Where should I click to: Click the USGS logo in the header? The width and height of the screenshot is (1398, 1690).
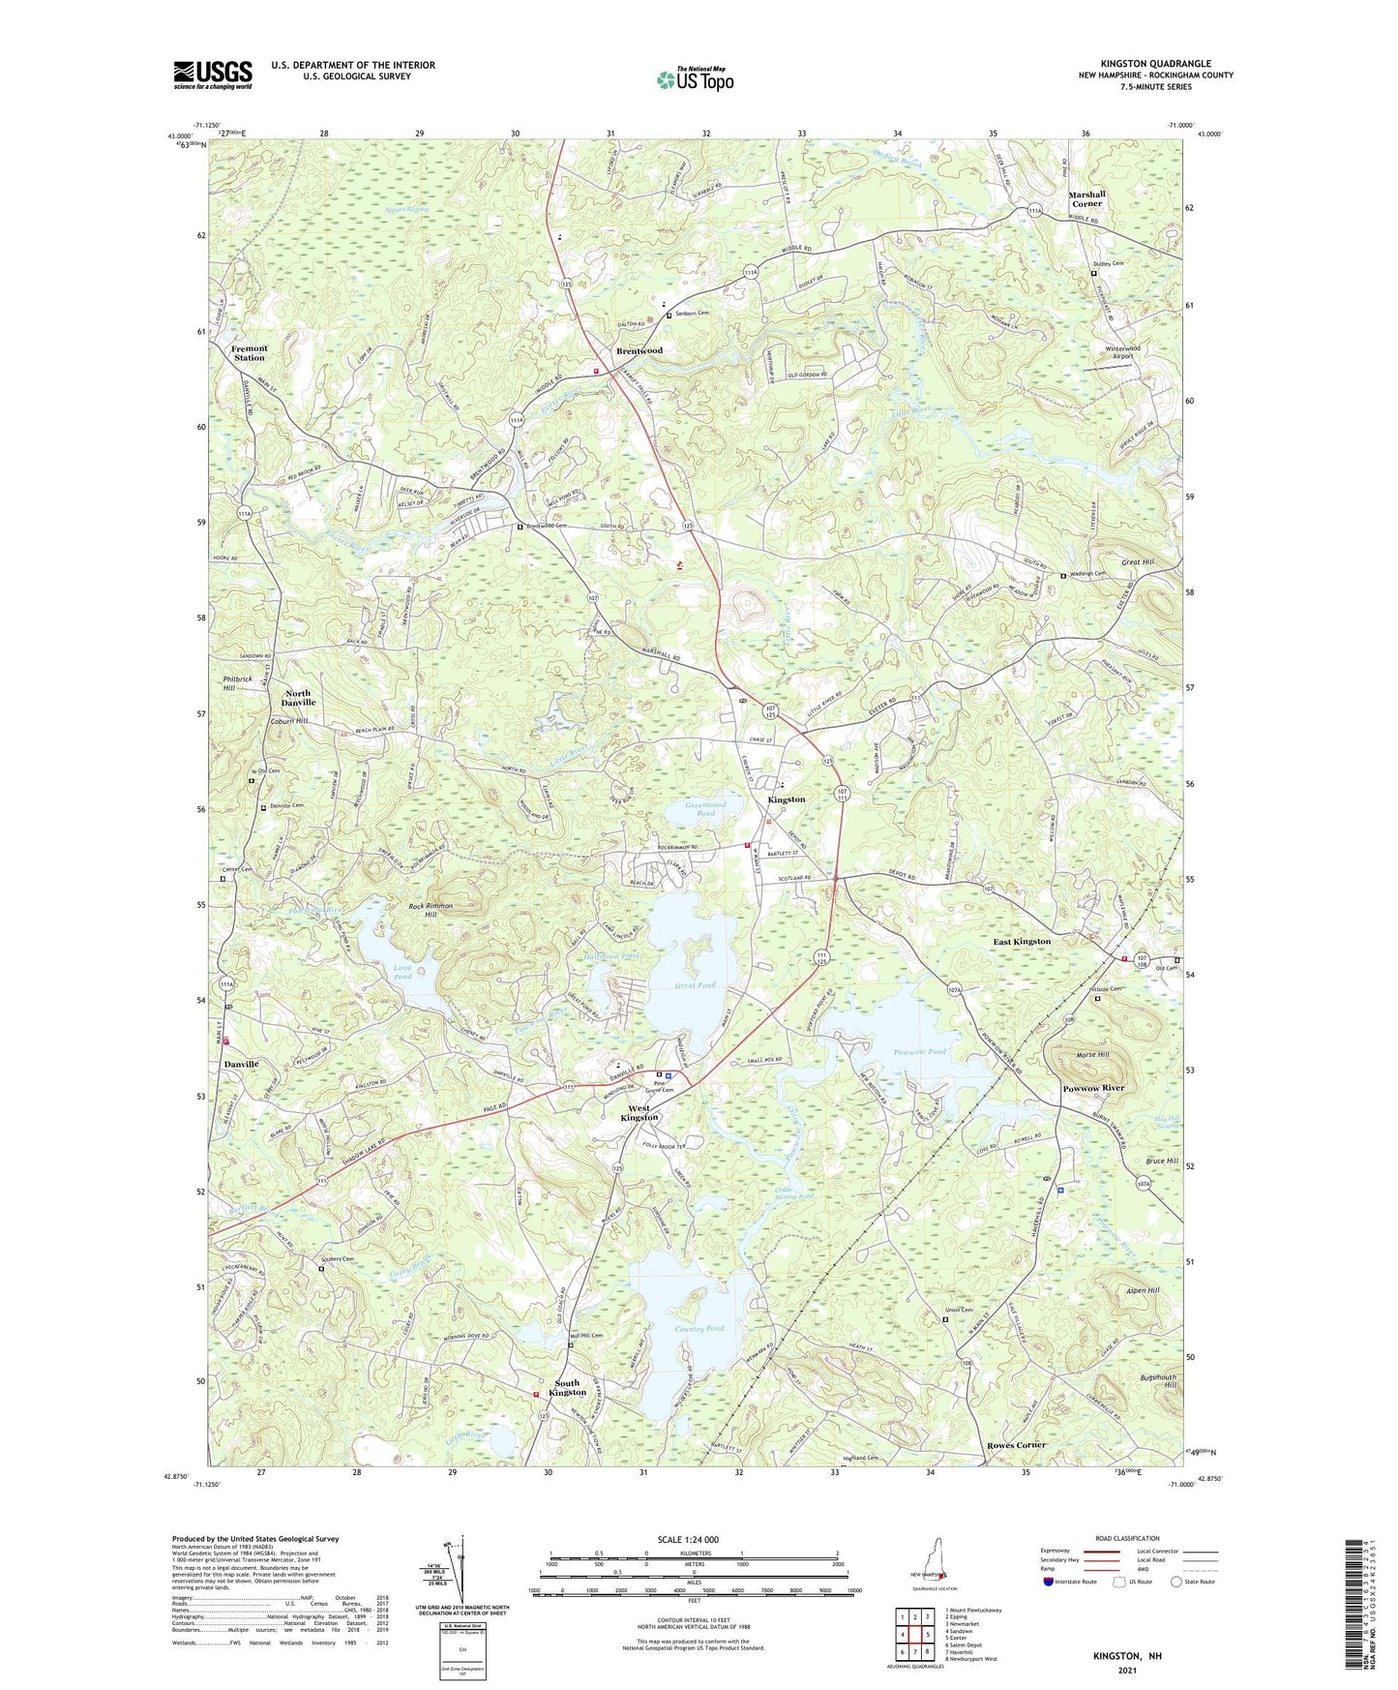(213, 75)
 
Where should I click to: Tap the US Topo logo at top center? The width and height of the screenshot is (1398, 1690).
(695, 79)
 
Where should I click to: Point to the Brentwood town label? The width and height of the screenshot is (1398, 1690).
(640, 350)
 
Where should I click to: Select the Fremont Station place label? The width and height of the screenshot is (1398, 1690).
(250, 353)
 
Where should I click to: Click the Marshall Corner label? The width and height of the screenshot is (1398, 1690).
(1086, 198)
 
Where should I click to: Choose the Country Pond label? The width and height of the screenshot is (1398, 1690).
(702, 1329)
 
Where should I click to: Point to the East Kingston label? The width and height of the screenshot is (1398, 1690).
(1022, 941)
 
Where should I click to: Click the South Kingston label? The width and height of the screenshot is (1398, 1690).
(567, 1387)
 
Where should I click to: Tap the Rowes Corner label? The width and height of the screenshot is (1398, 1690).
(1017, 1445)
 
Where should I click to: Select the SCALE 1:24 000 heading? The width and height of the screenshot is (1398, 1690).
(694, 1540)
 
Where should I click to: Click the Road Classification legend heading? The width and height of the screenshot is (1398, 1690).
(1126, 1538)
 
